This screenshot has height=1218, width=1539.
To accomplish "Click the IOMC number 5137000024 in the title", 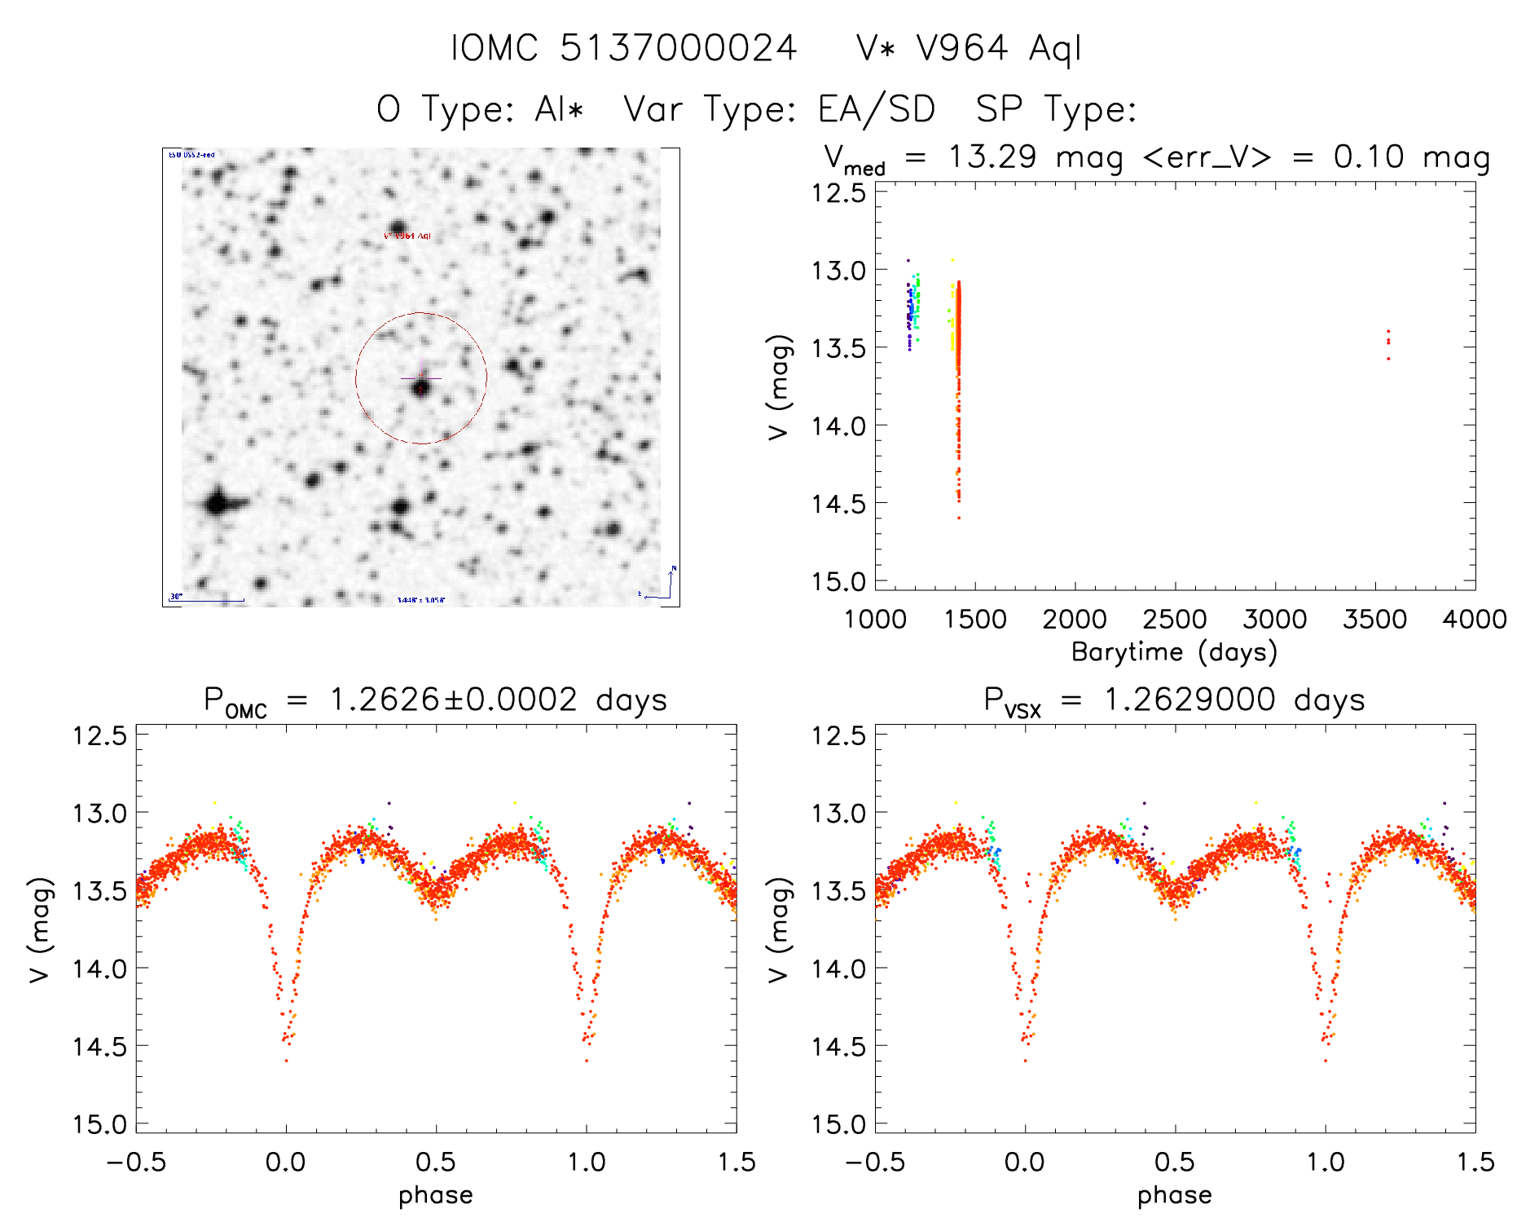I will pyautogui.click(x=678, y=48).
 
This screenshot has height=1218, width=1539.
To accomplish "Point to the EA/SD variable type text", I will pyautogui.click(x=876, y=109).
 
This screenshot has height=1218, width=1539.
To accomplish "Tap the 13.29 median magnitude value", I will pyautogui.click(x=992, y=157).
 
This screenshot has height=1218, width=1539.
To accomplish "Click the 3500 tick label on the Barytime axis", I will pyautogui.click(x=1374, y=619).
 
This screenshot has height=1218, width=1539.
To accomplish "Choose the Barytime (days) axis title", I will pyautogui.click(x=1174, y=651).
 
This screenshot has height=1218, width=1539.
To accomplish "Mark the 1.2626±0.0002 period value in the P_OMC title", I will pyautogui.click(x=453, y=699).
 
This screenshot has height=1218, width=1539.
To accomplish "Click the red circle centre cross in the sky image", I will pyautogui.click(x=421, y=378).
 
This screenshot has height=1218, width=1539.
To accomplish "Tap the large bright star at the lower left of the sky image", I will pyautogui.click(x=218, y=502).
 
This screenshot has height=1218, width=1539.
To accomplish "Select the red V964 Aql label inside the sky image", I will pyautogui.click(x=407, y=236).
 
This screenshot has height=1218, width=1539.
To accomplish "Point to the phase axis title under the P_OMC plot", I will pyautogui.click(x=436, y=1194).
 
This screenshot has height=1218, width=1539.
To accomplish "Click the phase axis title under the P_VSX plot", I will pyautogui.click(x=1174, y=1194).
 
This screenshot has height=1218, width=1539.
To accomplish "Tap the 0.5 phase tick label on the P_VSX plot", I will pyautogui.click(x=1174, y=1162).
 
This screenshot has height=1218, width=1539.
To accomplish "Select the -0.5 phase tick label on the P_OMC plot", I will pyautogui.click(x=136, y=1162).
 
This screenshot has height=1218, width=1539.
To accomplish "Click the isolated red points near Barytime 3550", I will pyautogui.click(x=1388, y=342).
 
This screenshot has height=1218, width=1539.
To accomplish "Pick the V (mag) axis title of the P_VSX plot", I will pyautogui.click(x=779, y=929).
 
